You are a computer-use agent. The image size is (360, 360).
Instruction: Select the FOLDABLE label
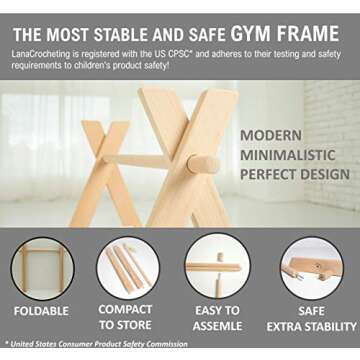[41, 311]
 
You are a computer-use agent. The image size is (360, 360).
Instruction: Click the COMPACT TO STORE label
[126, 317]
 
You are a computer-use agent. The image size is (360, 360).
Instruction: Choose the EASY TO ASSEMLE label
[217, 317]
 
